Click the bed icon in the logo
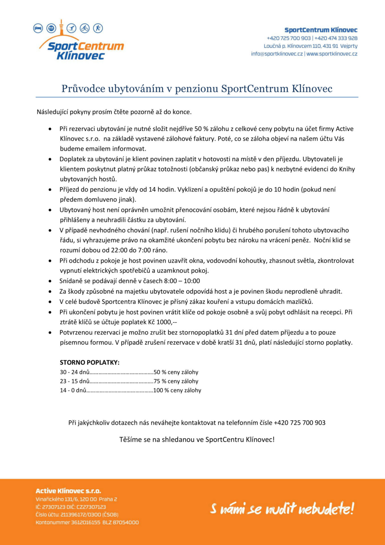coord(38,28)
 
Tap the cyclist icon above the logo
coord(85,28)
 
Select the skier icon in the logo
coord(71,28)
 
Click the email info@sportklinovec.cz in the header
coord(277,54)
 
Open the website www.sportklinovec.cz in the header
coord(332,54)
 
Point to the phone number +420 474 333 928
coord(336,38)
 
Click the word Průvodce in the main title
coord(83,89)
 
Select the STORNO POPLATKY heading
coord(90,362)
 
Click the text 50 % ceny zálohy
coord(176,372)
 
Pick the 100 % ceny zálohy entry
coord(177,390)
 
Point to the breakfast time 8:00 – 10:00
coord(182,281)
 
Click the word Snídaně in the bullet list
coord(71,281)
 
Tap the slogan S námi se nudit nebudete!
coord(282,508)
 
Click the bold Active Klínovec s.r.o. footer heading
coord(68,491)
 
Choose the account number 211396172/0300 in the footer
coord(81,514)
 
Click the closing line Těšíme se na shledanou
coord(197,439)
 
